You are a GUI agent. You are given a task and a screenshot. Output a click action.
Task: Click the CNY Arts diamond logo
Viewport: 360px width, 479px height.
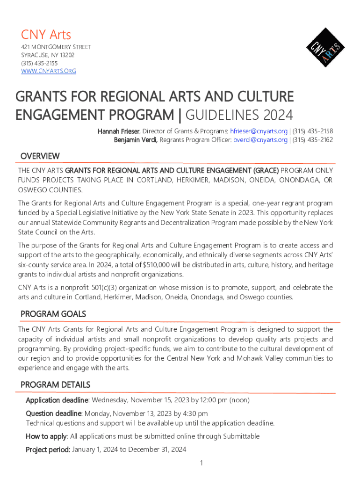[x=325, y=48]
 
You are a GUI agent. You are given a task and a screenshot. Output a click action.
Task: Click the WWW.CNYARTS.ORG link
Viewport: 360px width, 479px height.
[x=49, y=71]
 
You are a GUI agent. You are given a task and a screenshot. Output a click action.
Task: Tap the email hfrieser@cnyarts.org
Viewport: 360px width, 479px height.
[x=259, y=131]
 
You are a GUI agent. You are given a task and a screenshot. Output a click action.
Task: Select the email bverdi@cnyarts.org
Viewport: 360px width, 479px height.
[x=260, y=140]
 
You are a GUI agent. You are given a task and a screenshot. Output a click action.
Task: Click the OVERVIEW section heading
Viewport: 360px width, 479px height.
[x=40, y=156]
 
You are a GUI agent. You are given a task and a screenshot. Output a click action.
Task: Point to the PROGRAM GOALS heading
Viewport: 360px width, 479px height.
[x=53, y=314]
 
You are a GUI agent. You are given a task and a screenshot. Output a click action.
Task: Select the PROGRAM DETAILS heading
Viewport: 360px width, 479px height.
[x=55, y=385]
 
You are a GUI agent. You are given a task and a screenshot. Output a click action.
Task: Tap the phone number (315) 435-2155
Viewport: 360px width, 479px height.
[x=39, y=63]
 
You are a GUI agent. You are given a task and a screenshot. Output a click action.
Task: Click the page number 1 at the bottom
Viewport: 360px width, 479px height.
[x=201, y=463]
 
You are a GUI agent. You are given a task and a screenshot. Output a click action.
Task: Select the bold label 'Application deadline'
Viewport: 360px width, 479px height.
[x=57, y=400]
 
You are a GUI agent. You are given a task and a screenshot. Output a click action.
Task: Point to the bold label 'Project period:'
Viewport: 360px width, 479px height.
[x=48, y=450]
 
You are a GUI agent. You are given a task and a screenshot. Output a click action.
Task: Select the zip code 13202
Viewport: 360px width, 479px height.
[x=66, y=55]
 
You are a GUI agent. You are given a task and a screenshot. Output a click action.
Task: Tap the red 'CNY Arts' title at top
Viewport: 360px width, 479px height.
[x=46, y=35]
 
